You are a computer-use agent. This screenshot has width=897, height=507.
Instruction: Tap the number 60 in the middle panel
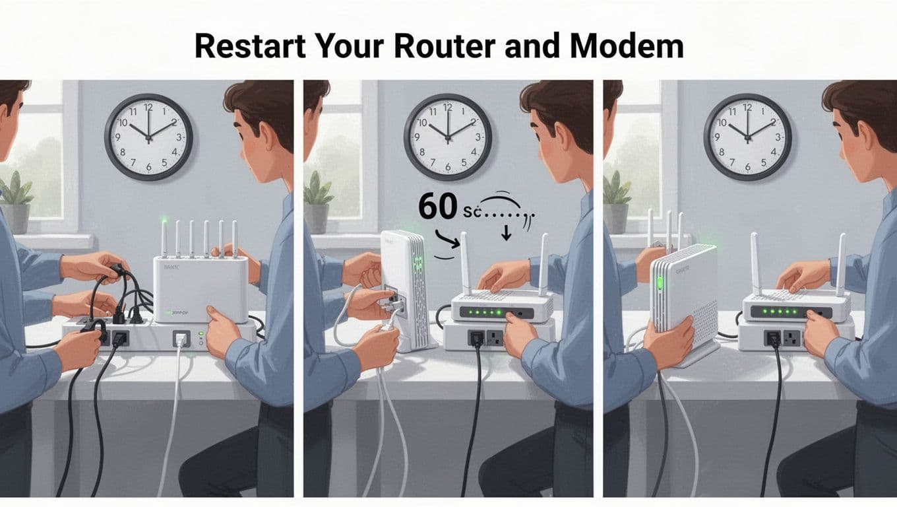coord(437,206)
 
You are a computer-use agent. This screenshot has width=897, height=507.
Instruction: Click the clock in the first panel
coord(148,137)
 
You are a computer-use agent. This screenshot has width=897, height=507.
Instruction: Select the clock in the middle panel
coord(448,137)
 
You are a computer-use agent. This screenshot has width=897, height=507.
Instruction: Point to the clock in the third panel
coord(748,137)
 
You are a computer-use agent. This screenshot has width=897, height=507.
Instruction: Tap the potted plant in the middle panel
coord(317,201)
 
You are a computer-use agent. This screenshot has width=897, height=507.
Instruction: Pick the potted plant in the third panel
coord(617,201)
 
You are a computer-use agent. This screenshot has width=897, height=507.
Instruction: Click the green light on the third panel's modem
coord(658,285)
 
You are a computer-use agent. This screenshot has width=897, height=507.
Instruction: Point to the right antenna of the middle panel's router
coord(543,264)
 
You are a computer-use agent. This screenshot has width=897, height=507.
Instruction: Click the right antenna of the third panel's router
coord(841,264)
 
